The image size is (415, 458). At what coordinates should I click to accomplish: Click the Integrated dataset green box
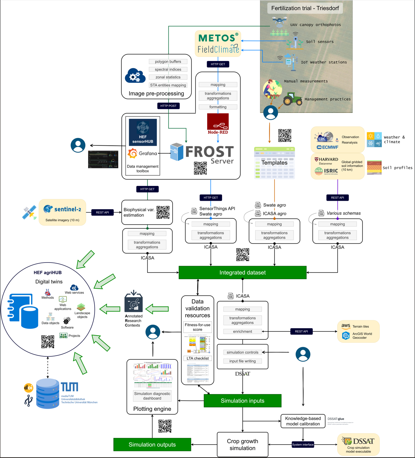pyautogui.click(x=242, y=272)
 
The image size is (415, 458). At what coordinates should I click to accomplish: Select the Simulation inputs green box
pyautogui.click(x=242, y=400)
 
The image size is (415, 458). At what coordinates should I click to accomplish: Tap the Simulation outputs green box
pyautogui.click(x=152, y=445)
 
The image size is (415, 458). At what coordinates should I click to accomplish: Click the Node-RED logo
pyautogui.click(x=218, y=123)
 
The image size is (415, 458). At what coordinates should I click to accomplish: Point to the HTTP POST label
pyautogui.click(x=168, y=106)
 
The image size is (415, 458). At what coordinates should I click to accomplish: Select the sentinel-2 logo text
pyautogui.click(x=67, y=209)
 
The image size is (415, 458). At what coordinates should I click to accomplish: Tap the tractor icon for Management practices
pyautogui.click(x=293, y=99)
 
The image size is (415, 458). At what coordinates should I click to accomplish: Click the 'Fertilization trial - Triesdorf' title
pyautogui.click(x=305, y=8)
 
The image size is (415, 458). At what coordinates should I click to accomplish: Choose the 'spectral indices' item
pyautogui.click(x=168, y=70)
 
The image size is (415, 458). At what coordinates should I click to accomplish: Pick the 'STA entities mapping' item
pyautogui.click(x=168, y=85)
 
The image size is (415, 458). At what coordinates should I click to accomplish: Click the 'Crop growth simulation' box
pyautogui.click(x=242, y=445)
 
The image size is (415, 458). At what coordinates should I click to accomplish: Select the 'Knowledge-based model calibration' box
pyautogui.click(x=303, y=421)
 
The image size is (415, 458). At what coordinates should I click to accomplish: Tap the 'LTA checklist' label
pyautogui.click(x=197, y=358)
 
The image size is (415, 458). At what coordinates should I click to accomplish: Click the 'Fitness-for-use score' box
pyautogui.click(x=197, y=327)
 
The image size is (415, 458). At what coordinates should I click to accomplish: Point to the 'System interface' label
pyautogui.click(x=303, y=445)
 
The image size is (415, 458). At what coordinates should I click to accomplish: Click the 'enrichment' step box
pyautogui.click(x=242, y=331)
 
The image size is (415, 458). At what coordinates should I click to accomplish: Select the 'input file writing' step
pyautogui.click(x=242, y=361)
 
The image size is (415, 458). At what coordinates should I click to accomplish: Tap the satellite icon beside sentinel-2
pyautogui.click(x=29, y=212)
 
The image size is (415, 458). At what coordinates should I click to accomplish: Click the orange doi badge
pyautogui.click(x=29, y=388)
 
